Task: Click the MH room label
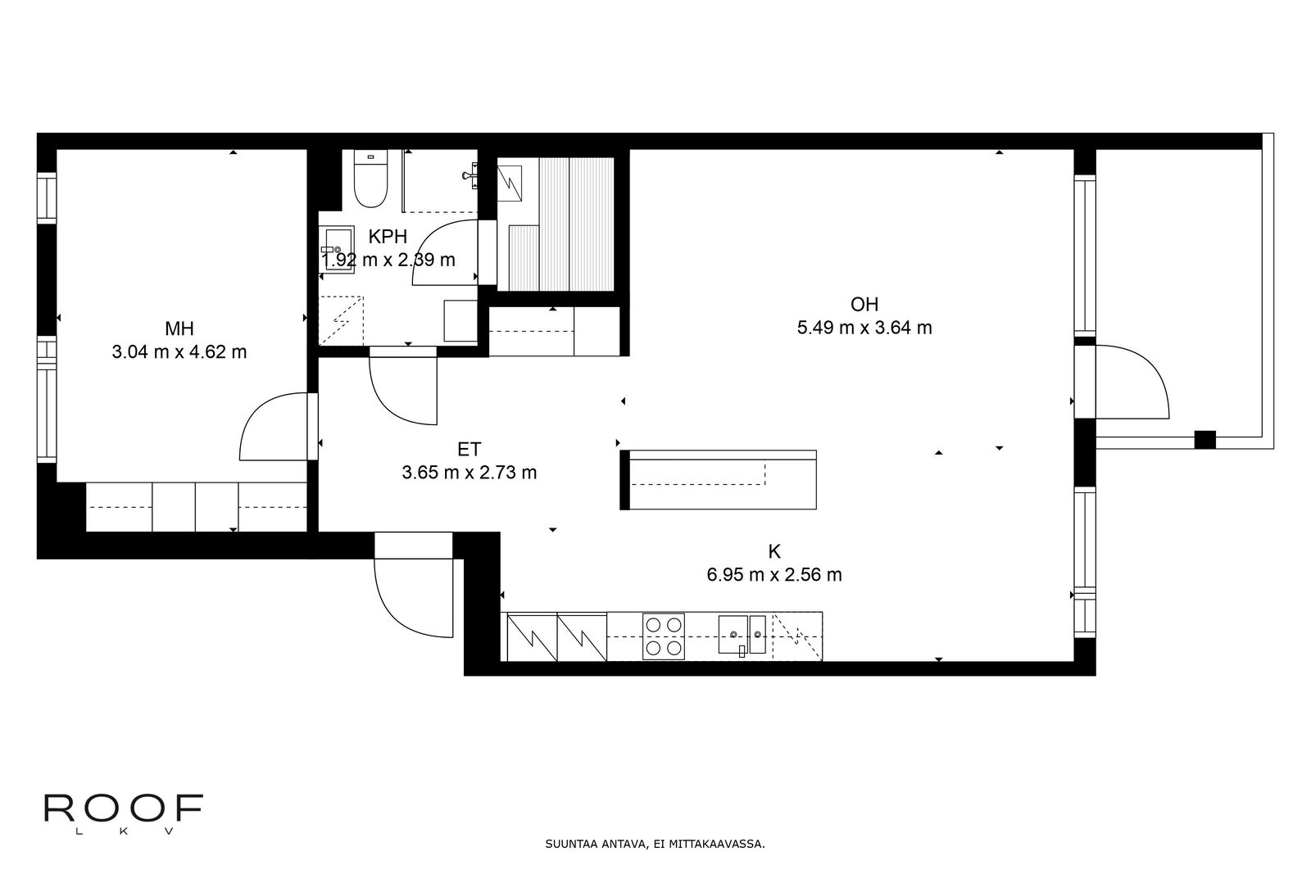coord(179,328)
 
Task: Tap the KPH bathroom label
coord(388,237)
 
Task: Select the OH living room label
coord(864,304)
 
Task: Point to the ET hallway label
coord(470,449)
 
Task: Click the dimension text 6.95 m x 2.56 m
coord(774,574)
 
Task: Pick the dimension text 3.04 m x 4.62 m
coord(179,352)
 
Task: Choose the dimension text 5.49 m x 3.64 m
coord(864,328)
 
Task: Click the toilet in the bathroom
coord(370,179)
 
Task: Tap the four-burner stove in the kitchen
coord(664,636)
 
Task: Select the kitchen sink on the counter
coord(742,635)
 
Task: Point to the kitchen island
coord(718,480)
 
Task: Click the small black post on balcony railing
coord(1205,439)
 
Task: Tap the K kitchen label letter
coord(774,551)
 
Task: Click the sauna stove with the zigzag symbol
coord(509,183)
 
